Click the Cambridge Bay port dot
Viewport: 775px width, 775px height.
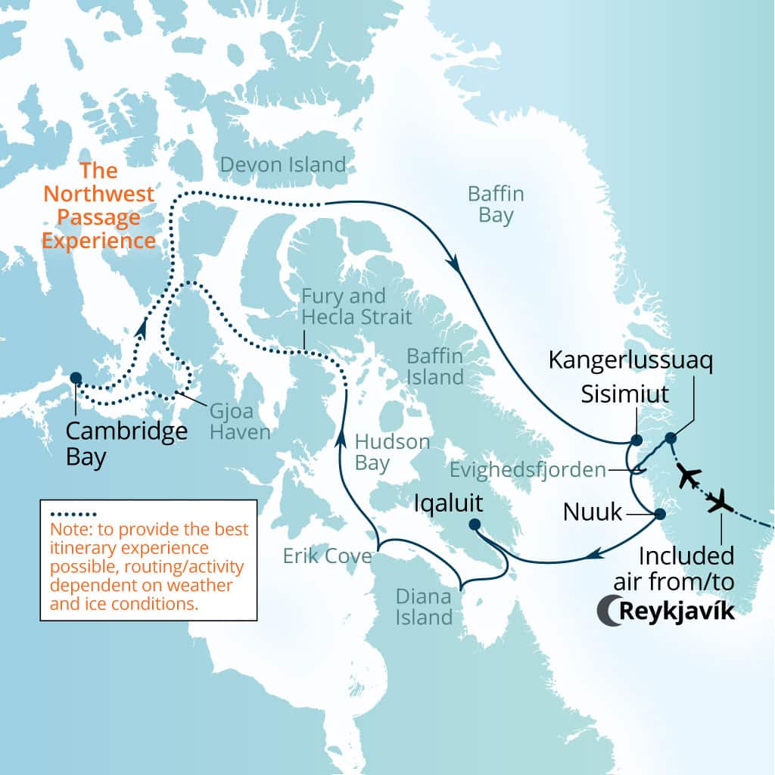(76, 378)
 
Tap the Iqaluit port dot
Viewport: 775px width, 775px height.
(475, 524)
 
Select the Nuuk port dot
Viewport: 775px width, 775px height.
(659, 514)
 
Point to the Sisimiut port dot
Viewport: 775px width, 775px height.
(636, 440)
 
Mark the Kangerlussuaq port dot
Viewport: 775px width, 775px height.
(670, 438)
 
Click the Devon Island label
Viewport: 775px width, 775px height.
(282, 164)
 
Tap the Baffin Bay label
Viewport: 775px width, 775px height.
(496, 204)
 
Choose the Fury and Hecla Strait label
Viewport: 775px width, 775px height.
(356, 307)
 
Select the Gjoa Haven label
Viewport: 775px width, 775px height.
(232, 421)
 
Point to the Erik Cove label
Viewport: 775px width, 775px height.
(328, 556)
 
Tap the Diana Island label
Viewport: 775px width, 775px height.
(424, 606)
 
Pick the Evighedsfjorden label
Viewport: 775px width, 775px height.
(528, 470)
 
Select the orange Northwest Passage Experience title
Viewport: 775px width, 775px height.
(98, 206)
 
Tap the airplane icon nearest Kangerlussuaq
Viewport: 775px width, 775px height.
(688, 477)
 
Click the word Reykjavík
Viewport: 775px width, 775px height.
(677, 612)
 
